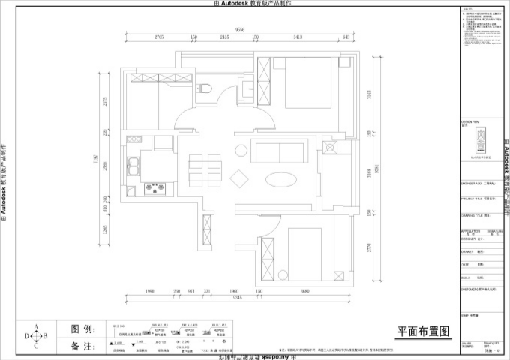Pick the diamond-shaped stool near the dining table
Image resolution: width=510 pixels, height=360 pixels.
(x=241, y=178)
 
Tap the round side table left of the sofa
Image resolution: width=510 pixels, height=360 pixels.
(x=241, y=150)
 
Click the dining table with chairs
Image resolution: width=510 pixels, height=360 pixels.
(x=205, y=169)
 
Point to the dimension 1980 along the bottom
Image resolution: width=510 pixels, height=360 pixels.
(x=150, y=291)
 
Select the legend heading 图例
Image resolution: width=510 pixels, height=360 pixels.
(x=83, y=329)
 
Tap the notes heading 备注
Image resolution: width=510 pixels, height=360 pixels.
(x=83, y=346)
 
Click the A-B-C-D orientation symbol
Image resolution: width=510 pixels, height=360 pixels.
(x=35, y=336)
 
